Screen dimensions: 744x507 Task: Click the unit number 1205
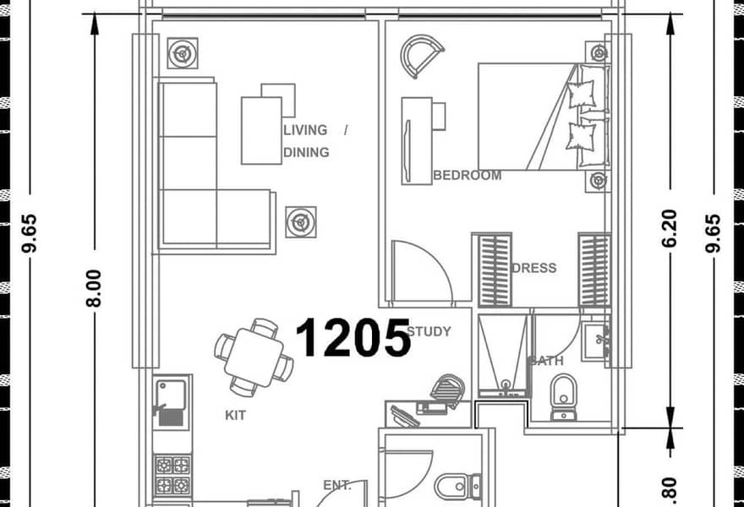(x=353, y=337)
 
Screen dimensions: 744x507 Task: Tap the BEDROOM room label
(x=468, y=176)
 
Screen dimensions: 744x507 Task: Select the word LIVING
(x=305, y=130)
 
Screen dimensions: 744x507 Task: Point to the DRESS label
(x=534, y=268)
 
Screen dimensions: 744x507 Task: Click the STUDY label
(x=429, y=331)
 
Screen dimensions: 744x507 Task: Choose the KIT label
(x=235, y=416)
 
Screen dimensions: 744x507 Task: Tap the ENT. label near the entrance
(x=336, y=486)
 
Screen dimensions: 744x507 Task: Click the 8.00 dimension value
(x=94, y=288)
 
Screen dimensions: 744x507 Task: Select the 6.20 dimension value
(x=669, y=228)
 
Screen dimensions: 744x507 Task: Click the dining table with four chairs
(x=254, y=357)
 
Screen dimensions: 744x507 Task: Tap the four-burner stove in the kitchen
(x=172, y=475)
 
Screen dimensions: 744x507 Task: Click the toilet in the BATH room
(x=564, y=397)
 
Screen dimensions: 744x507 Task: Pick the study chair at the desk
(x=448, y=390)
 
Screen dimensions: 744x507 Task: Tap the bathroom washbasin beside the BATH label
(x=596, y=341)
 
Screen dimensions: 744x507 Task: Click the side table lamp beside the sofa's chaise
(x=301, y=222)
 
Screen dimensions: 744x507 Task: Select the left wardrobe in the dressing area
(x=495, y=270)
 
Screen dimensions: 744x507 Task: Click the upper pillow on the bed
(x=582, y=94)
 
